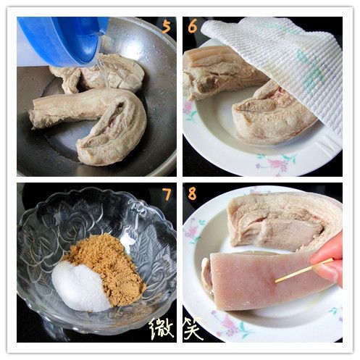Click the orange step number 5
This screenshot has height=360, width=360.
166,27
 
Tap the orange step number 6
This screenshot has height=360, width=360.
192,27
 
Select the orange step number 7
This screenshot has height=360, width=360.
166,194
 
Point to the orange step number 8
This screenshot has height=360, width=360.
192,194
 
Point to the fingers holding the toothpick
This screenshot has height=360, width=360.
330,261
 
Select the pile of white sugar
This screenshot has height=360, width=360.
80,285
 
